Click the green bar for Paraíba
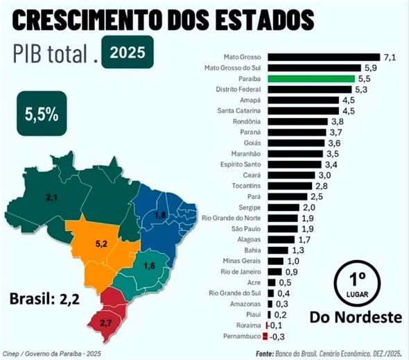pyautogui.click(x=312, y=79)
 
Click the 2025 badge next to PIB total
pyautogui.click(x=127, y=52)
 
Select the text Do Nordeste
pyautogui.click(x=356, y=317)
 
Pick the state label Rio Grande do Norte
pyautogui.click(x=232, y=218)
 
